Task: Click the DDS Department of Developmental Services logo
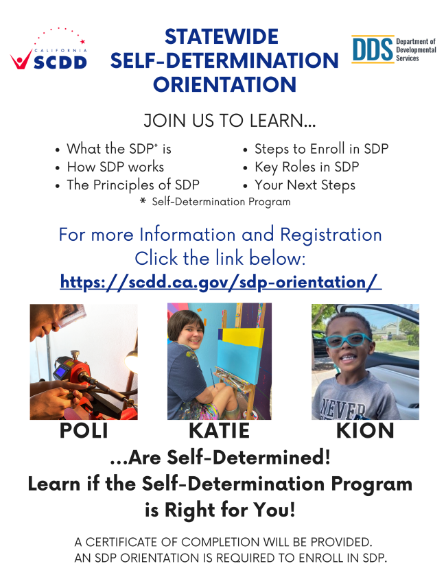click(393, 50)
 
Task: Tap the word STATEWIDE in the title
click(221, 36)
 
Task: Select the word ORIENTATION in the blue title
click(224, 85)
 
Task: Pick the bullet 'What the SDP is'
click(119, 149)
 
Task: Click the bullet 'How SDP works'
click(115, 167)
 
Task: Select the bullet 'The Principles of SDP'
click(132, 185)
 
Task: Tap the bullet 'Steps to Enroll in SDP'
click(321, 149)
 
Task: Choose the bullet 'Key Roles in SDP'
click(306, 167)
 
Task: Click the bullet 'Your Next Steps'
click(305, 185)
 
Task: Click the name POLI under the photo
click(83, 431)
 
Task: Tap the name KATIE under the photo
click(219, 431)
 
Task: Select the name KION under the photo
click(365, 431)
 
